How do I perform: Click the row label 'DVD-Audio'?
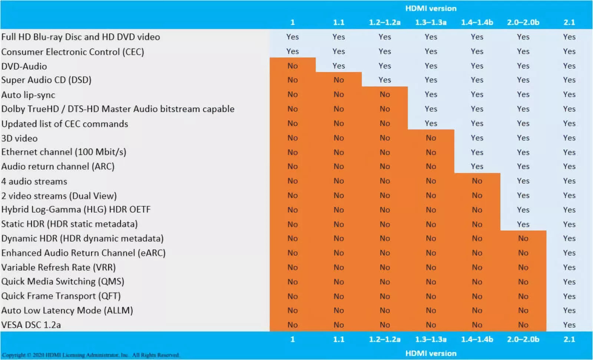coord(24,66)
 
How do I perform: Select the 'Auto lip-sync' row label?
coord(28,95)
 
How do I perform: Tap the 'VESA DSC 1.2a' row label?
coord(31,325)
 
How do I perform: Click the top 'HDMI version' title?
coord(431,8)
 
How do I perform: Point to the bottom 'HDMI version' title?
coord(431,353)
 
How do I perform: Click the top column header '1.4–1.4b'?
coord(477,22)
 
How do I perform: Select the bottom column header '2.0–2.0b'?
coord(523,339)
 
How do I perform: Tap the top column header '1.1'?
coord(338,22)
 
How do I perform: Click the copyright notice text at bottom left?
coord(90,355)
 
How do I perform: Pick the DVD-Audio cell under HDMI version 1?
coord(292,66)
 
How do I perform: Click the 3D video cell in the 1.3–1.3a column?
coord(431,138)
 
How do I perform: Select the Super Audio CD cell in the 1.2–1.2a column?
coord(385,80)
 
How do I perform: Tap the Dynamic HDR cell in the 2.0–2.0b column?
coord(523,239)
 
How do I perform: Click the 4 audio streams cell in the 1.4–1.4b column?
coord(477,181)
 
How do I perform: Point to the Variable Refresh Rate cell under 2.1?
coord(569,267)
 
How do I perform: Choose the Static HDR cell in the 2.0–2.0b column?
coord(523,224)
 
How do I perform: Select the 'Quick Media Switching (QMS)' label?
coord(63,281)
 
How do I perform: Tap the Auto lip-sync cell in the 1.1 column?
coord(338,94)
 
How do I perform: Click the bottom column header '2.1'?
coord(569,339)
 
